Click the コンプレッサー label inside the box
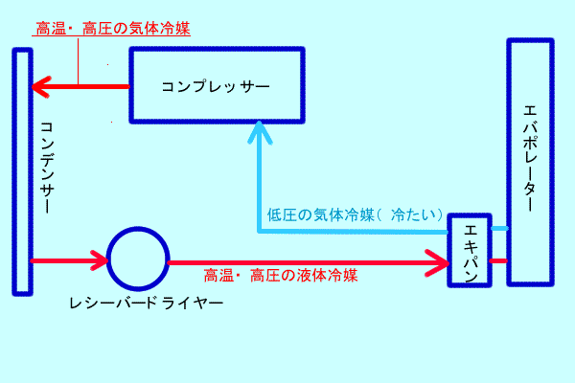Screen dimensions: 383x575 pyautogui.click(x=216, y=86)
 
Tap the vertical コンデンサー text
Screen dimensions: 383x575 pyautogui.click(x=48, y=168)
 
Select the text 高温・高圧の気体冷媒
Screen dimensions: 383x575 pyautogui.click(x=113, y=28)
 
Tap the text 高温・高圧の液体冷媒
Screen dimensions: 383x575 pyautogui.click(x=281, y=276)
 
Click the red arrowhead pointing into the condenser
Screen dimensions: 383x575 pyautogui.click(x=39, y=87)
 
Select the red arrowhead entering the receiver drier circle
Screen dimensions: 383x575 pyautogui.click(x=99, y=259)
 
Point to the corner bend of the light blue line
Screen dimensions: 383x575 pyautogui.click(x=260, y=231)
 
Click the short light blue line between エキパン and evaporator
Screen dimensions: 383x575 pyautogui.click(x=499, y=228)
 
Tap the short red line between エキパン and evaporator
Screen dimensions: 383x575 pyautogui.click(x=499, y=259)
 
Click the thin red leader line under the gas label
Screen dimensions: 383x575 pyautogui.click(x=79, y=62)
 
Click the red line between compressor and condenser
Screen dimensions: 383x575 pyautogui.click(x=91, y=87)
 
